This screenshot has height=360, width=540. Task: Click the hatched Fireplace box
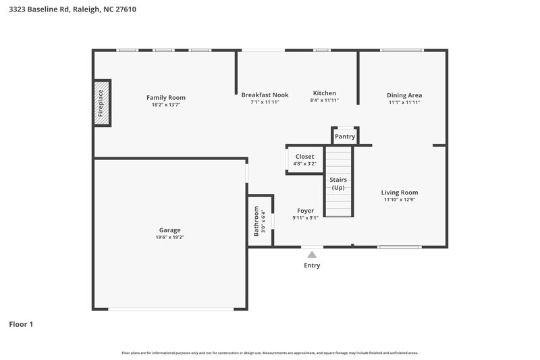click(x=101, y=103)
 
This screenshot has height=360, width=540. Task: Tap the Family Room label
click(x=166, y=98)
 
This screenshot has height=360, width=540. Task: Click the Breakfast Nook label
click(x=265, y=95)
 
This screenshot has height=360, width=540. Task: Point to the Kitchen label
click(x=324, y=93)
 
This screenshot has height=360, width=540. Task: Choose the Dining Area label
click(x=404, y=95)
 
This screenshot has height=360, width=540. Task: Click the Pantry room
click(x=345, y=136)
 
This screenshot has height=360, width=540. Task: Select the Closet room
click(x=304, y=160)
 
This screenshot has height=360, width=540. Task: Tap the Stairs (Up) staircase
click(x=338, y=182)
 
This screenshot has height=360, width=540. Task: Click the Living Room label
click(x=400, y=192)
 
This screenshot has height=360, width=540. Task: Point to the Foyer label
click(x=305, y=211)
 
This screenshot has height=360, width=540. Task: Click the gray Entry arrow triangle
click(x=312, y=255)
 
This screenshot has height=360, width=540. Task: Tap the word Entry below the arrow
click(x=312, y=265)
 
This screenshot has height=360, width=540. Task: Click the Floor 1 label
click(x=21, y=324)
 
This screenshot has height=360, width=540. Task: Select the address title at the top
click(x=73, y=9)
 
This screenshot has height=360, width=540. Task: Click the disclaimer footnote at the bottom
click(x=270, y=353)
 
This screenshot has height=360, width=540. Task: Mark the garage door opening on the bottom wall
click(x=169, y=309)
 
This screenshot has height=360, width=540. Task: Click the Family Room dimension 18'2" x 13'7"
click(x=166, y=105)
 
